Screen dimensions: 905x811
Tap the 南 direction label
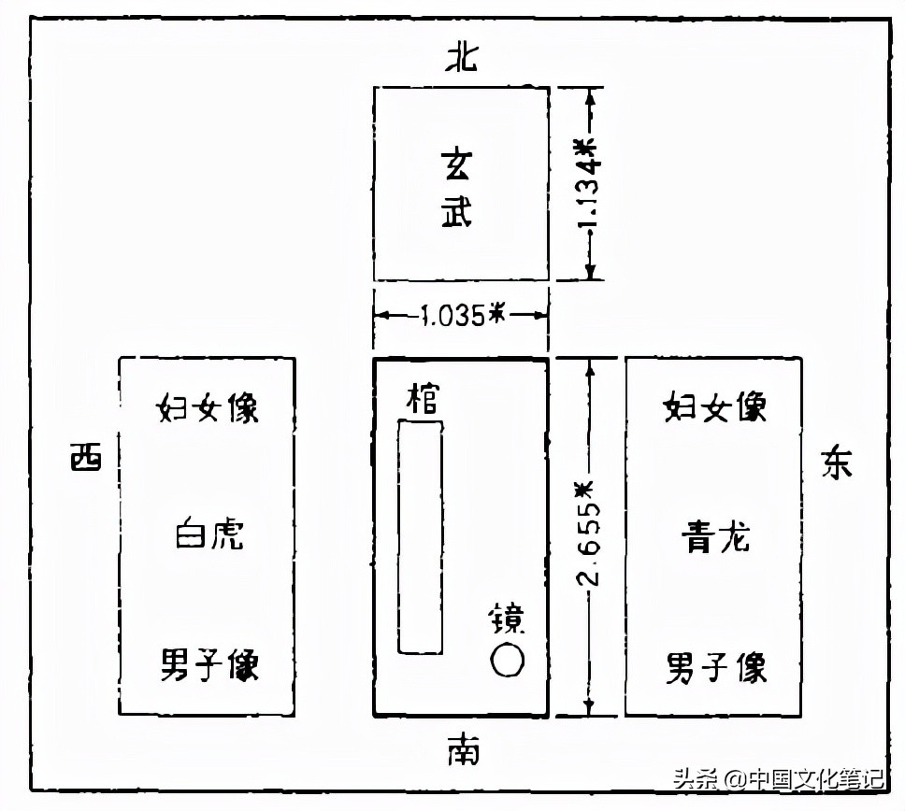click(x=462, y=748)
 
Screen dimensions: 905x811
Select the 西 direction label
click(x=87, y=458)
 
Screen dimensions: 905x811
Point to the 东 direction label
click(x=837, y=462)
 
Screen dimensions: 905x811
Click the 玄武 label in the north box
click(x=457, y=187)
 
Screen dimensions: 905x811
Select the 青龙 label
click(x=715, y=538)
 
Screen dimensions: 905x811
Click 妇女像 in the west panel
click(x=207, y=408)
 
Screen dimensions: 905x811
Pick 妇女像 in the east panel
click(x=715, y=407)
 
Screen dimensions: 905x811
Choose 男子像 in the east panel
click(x=716, y=668)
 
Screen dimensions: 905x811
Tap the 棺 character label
click(x=421, y=400)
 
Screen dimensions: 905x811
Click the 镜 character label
click(x=508, y=619)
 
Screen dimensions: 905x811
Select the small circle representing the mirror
click(x=507, y=661)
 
